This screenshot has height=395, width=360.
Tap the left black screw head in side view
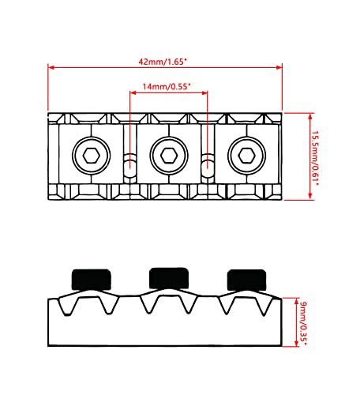coord(90,278)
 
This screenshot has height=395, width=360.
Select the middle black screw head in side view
coord(168,276)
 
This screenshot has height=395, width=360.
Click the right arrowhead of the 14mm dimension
coord(206,94)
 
